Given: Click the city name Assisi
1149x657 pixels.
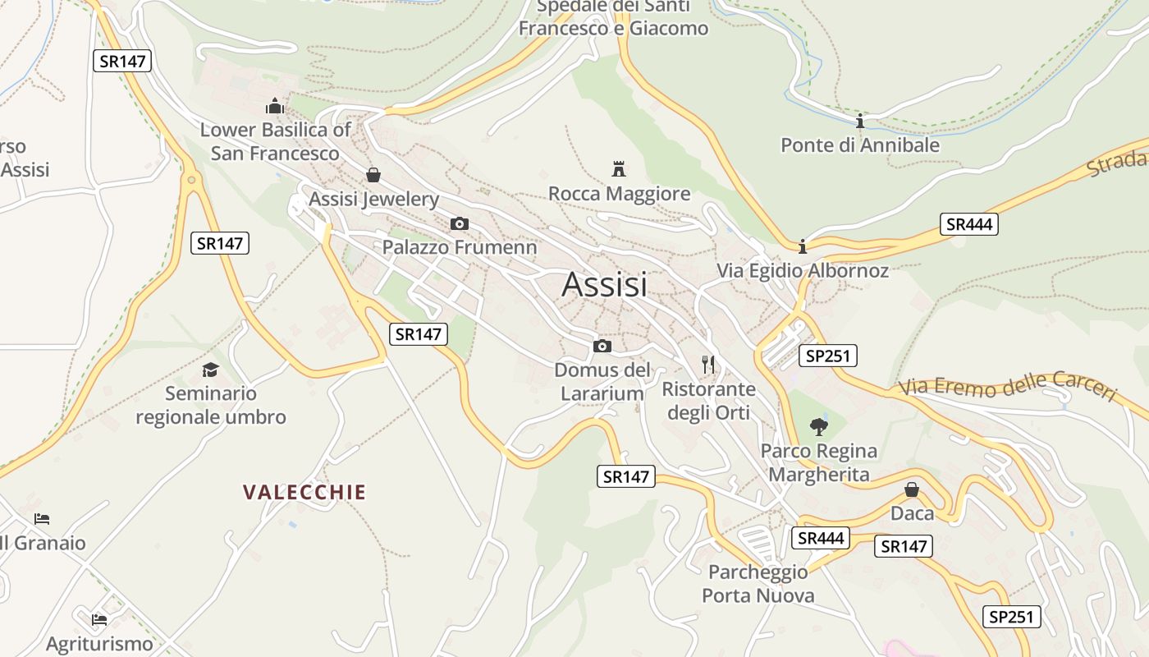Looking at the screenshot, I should [605, 284].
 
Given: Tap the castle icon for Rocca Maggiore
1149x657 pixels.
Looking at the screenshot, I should [619, 169].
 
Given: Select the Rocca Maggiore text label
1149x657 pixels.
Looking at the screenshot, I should [619, 194].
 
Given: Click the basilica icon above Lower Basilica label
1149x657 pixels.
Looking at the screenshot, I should [274, 106].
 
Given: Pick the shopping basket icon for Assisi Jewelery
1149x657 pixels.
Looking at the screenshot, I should [373, 174].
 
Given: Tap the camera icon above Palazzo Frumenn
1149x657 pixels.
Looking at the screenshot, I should [460, 223].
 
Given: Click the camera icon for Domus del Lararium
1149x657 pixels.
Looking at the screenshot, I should [602, 346].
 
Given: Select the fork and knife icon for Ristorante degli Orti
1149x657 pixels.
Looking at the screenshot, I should [708, 364].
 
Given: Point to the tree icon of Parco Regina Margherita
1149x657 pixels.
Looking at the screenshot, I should [818, 426].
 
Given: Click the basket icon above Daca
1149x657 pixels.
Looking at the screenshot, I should [912, 489].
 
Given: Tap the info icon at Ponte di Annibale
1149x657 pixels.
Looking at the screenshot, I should [859, 122].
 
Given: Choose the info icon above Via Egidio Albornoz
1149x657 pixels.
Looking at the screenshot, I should [803, 246].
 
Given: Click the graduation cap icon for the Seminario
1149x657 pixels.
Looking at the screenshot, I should [211, 370].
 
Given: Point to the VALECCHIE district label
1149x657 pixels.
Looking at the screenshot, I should [304, 493].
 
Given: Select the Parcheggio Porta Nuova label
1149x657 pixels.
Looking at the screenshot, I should [758, 583].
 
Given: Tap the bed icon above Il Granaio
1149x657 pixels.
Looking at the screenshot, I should [42, 519].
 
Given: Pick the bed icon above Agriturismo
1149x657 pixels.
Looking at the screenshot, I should [99, 619].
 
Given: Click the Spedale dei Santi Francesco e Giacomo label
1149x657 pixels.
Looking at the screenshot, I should [613, 18].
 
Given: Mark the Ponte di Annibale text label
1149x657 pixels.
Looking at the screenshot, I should [859, 145].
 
